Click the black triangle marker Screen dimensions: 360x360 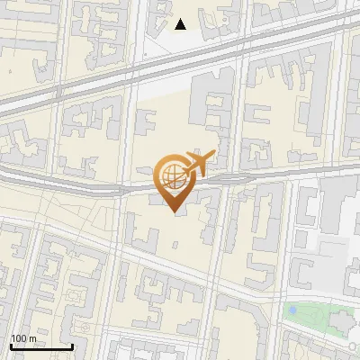click(x=180, y=24)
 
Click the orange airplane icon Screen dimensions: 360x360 click(x=200, y=163)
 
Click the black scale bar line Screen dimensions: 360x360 click(x=41, y=346)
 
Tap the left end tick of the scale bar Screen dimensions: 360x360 click(x=11, y=345)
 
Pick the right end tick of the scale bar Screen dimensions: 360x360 click(x=72, y=345)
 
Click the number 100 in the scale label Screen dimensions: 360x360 click(x=19, y=338)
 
